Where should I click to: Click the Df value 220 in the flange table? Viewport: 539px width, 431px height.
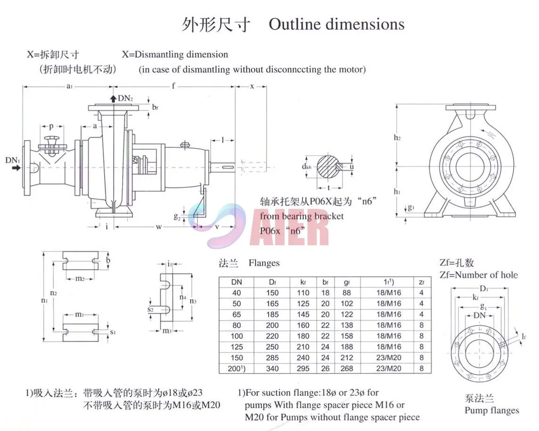pyautogui.click(x=272, y=336)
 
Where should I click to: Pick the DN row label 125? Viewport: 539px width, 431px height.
pyautogui.click(x=237, y=347)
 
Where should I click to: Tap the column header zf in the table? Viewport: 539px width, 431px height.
pyautogui.click(x=422, y=282)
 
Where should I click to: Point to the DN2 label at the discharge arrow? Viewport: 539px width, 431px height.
pyautogui.click(x=125, y=98)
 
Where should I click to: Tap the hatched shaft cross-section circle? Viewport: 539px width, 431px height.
pyautogui.click(x=328, y=166)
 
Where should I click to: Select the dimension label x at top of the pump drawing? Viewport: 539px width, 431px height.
pyautogui.click(x=252, y=86)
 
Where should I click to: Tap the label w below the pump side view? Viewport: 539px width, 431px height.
pyautogui.click(x=159, y=226)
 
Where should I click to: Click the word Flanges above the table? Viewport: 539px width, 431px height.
pyautogui.click(x=264, y=263)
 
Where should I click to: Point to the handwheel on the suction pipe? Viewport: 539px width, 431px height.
pyautogui.click(x=50, y=140)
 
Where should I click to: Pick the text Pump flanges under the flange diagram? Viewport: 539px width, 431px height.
pyautogui.click(x=491, y=410)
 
